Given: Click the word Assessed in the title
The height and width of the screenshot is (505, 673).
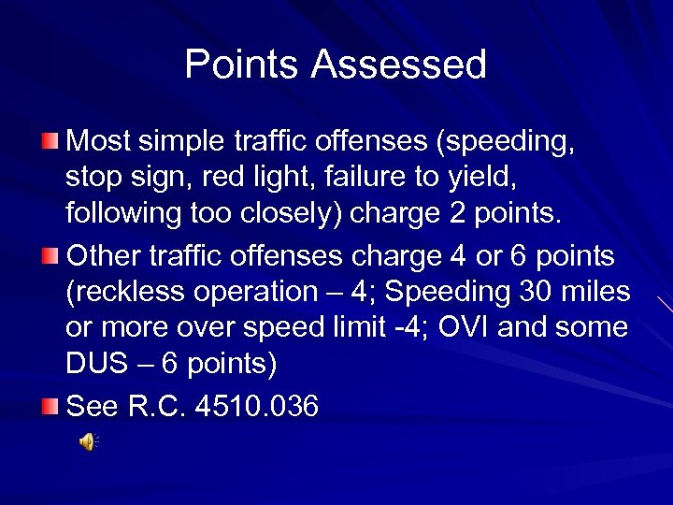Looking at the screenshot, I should click(x=399, y=65).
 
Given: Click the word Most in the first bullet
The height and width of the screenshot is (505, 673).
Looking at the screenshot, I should click(x=99, y=141).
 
